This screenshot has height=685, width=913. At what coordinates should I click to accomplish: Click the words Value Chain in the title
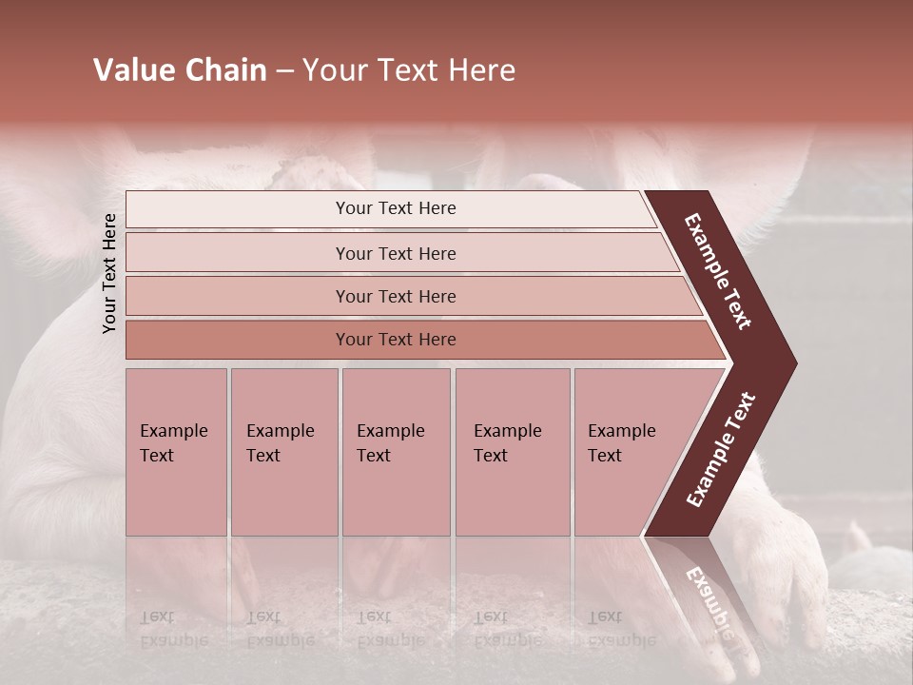[x=180, y=70]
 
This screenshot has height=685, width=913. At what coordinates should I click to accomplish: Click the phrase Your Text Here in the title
[x=409, y=70]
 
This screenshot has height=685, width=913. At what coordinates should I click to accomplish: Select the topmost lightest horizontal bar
[x=238, y=209]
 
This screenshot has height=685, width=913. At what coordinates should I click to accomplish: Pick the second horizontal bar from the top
[x=238, y=253]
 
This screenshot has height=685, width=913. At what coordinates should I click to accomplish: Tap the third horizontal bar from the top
[x=238, y=296]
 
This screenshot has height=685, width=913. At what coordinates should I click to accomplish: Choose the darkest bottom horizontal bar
[x=238, y=340]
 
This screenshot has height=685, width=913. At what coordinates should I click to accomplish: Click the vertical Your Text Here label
[x=109, y=273]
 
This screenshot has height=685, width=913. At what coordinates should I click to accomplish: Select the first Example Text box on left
[x=176, y=452]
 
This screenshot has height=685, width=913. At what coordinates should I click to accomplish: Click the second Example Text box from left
[x=284, y=452]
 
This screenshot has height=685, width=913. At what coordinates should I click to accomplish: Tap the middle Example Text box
[x=396, y=452]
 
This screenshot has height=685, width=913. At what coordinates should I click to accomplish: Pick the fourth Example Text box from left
[x=513, y=452]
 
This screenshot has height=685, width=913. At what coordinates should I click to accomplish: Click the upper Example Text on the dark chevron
[x=718, y=271]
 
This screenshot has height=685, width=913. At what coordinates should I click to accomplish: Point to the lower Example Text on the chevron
[x=720, y=450]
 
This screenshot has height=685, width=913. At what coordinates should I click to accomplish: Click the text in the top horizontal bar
[x=396, y=208]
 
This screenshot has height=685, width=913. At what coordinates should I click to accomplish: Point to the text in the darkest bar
[x=396, y=340]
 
